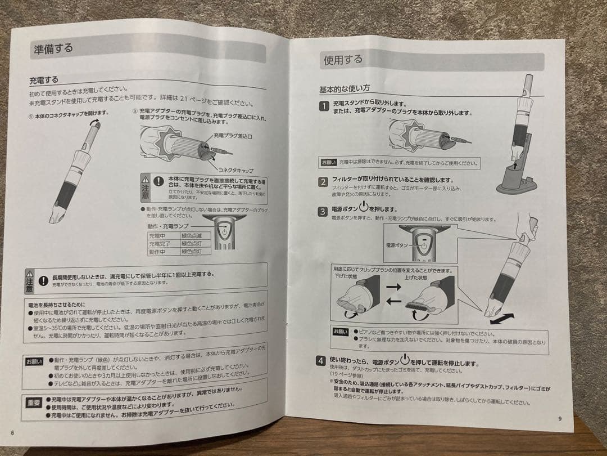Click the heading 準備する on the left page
coord(52,48)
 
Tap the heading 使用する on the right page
coord(343,60)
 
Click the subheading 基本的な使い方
coord(345,89)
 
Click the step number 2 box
coord(323,181)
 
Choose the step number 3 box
coord(323,212)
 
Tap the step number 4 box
coord(320,360)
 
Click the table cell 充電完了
coord(159,244)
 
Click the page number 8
coord(12,432)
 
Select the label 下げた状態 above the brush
coord(346,278)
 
